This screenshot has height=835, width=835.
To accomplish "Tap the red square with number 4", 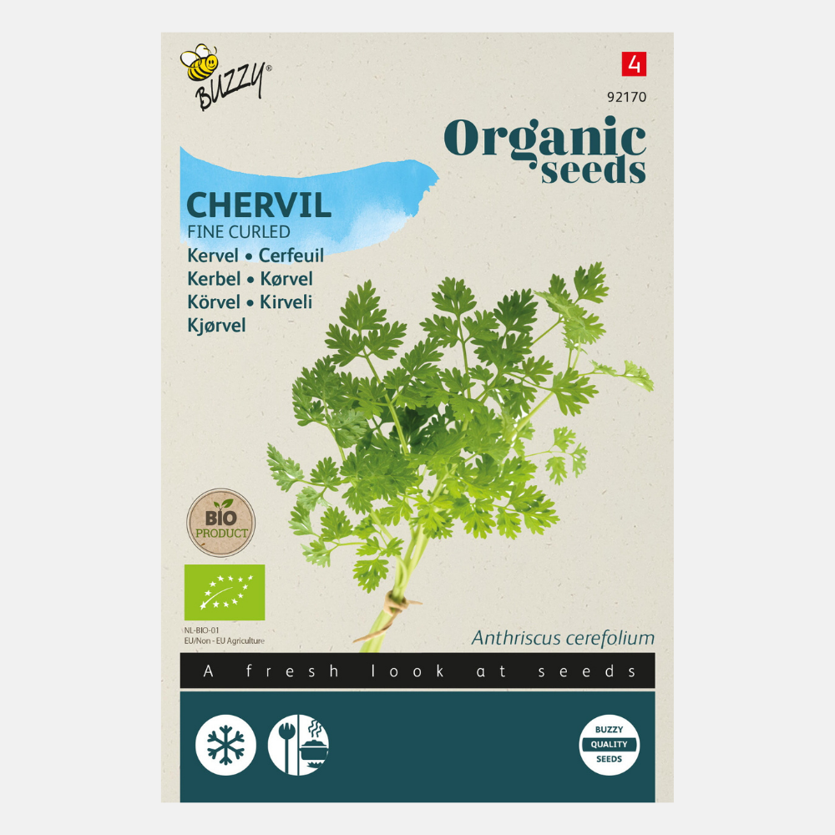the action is coord(634,64).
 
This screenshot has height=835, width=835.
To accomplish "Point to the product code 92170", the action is coord(627,97).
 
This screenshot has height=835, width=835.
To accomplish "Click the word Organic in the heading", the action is coord(544,137).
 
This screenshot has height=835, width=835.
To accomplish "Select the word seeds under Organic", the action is coord(593,171).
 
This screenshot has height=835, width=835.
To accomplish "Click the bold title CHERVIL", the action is coord(259,205).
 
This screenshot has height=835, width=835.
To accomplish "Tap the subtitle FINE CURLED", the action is coord(240,232).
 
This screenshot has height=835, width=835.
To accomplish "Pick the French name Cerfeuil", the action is coord(291,256).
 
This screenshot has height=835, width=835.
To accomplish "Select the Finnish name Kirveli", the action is coord(286,302).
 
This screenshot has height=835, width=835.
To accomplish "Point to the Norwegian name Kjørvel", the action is coord(217,326).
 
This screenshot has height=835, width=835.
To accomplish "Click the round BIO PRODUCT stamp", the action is coord(220,522).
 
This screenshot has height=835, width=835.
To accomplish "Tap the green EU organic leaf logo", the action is coord(225,592).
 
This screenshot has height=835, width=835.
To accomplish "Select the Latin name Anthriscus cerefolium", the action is coord(563,639).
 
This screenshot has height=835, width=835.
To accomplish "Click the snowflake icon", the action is coord(225,745).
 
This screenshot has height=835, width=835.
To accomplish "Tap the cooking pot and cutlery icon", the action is coord(298,745).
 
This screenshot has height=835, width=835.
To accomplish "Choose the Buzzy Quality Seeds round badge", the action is coord(609,745).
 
